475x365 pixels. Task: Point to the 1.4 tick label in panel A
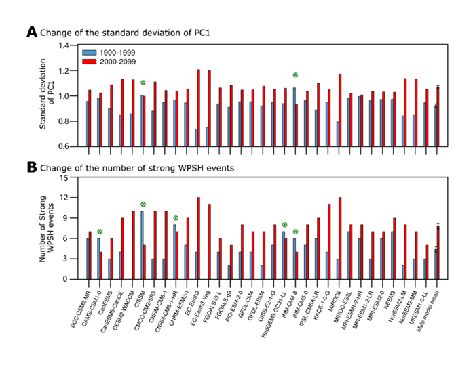pos(64,45)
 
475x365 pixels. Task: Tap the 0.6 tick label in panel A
pos(64,146)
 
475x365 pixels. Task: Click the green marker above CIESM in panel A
pos(142,83)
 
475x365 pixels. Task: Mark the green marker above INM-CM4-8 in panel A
pos(295,74)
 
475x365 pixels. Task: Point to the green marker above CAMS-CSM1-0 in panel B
pos(99,232)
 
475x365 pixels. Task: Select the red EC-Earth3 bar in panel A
pos(198,108)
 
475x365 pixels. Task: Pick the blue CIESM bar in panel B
pos(142,244)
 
